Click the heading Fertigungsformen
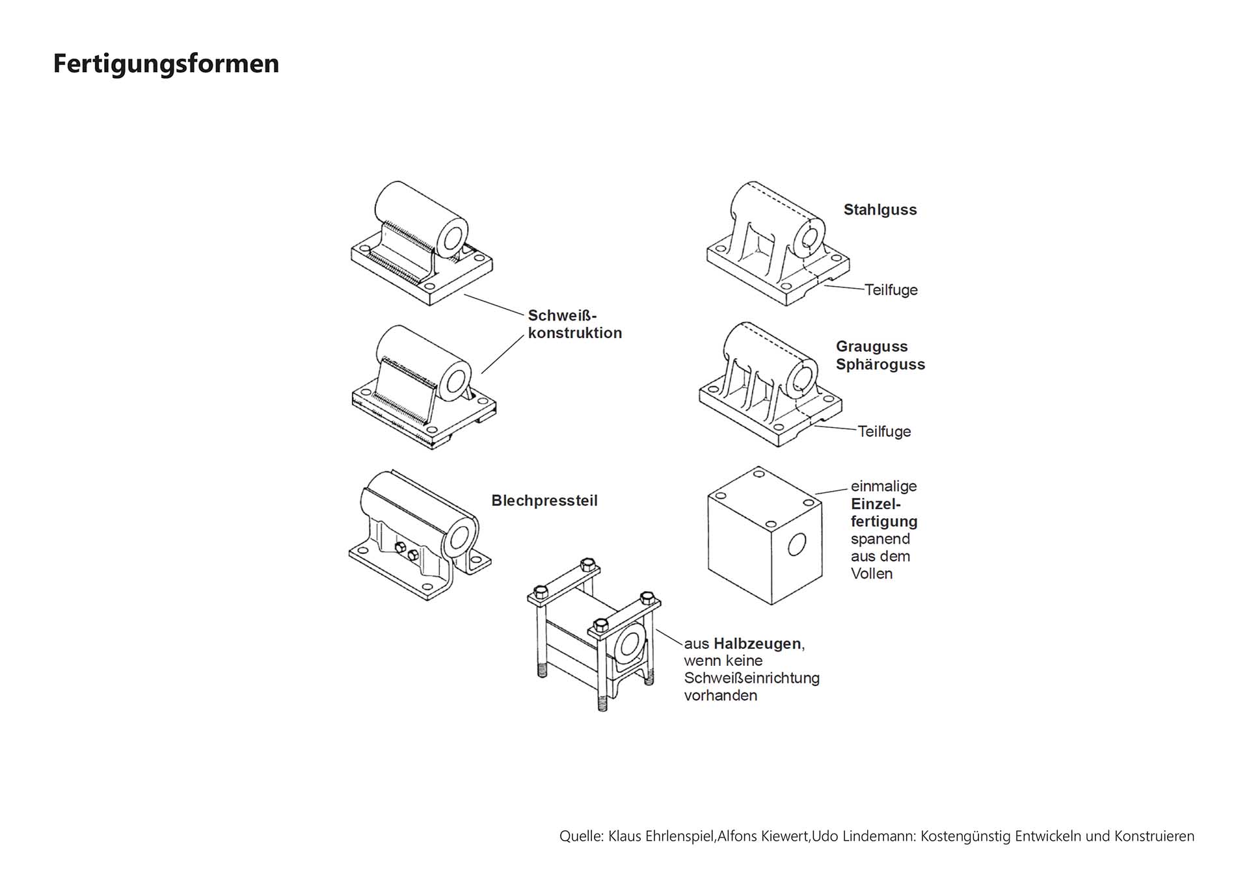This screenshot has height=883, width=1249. pyautogui.click(x=166, y=64)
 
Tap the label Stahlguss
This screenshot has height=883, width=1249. pyautogui.click(x=880, y=210)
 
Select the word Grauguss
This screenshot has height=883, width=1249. pyautogui.click(x=871, y=347)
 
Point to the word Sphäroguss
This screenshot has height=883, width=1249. pyautogui.click(x=880, y=364)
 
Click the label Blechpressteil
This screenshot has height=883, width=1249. pyautogui.click(x=544, y=501)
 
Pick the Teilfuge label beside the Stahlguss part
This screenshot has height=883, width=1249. pyautogui.click(x=891, y=290)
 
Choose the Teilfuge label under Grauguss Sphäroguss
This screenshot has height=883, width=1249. pyautogui.click(x=884, y=432)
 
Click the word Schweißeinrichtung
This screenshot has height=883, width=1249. pyautogui.click(x=751, y=678)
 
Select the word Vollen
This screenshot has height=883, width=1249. pyautogui.click(x=872, y=573)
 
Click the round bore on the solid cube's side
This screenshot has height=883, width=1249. pyautogui.click(x=796, y=544)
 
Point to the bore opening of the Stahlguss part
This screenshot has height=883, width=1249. pyautogui.click(x=809, y=238)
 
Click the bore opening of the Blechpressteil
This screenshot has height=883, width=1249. pyautogui.click(x=461, y=537)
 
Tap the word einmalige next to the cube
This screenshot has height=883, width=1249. pyautogui.click(x=883, y=486)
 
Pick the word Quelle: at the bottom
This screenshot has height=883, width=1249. pyautogui.click(x=581, y=836)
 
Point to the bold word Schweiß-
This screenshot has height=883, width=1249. pyautogui.click(x=562, y=316)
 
